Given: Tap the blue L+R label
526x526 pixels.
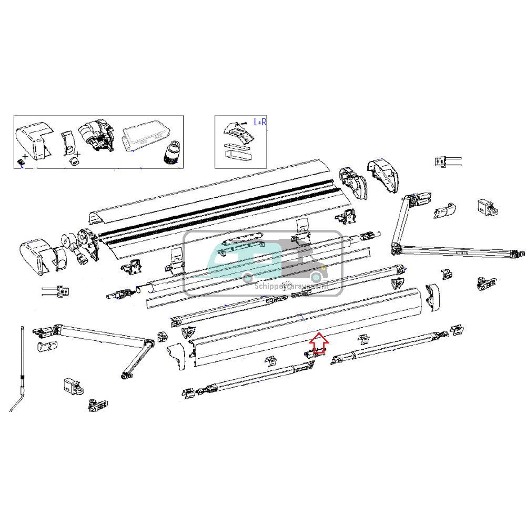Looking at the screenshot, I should click(x=260, y=122).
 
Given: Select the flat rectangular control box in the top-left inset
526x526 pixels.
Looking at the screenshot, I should click(x=146, y=138).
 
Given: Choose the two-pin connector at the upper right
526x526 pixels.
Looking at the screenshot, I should click(x=447, y=161).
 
